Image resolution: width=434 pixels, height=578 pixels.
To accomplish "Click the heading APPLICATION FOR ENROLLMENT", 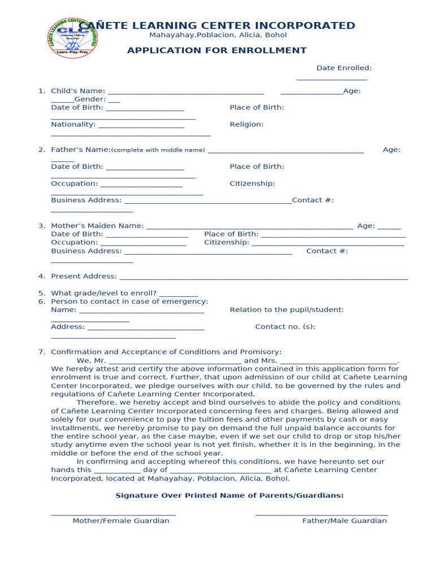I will click(x=217, y=51).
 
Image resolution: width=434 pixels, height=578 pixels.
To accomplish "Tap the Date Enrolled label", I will click(x=344, y=68).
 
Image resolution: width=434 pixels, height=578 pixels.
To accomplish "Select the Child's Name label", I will click(x=78, y=91).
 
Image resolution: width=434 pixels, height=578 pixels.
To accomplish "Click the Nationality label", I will click(x=73, y=125).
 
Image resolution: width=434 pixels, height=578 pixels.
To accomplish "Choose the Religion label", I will click(x=246, y=125).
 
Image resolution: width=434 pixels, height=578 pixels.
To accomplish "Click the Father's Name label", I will click(x=80, y=150).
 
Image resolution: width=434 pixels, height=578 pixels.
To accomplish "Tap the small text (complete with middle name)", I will click(x=158, y=150).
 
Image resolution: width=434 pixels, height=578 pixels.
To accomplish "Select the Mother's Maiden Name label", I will click(x=97, y=226).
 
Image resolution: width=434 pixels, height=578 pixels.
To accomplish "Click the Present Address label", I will click(x=84, y=277).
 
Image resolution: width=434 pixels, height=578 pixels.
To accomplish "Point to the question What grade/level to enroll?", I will click(x=104, y=294).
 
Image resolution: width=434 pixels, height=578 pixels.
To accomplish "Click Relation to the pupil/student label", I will click(x=287, y=310).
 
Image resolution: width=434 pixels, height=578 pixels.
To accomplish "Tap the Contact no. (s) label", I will click(x=285, y=327).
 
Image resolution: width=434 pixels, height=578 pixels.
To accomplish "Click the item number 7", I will click(x=41, y=352).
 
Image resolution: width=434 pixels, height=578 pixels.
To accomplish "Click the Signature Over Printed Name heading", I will click(x=229, y=496).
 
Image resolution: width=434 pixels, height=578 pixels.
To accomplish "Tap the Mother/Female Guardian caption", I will click(x=121, y=521).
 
